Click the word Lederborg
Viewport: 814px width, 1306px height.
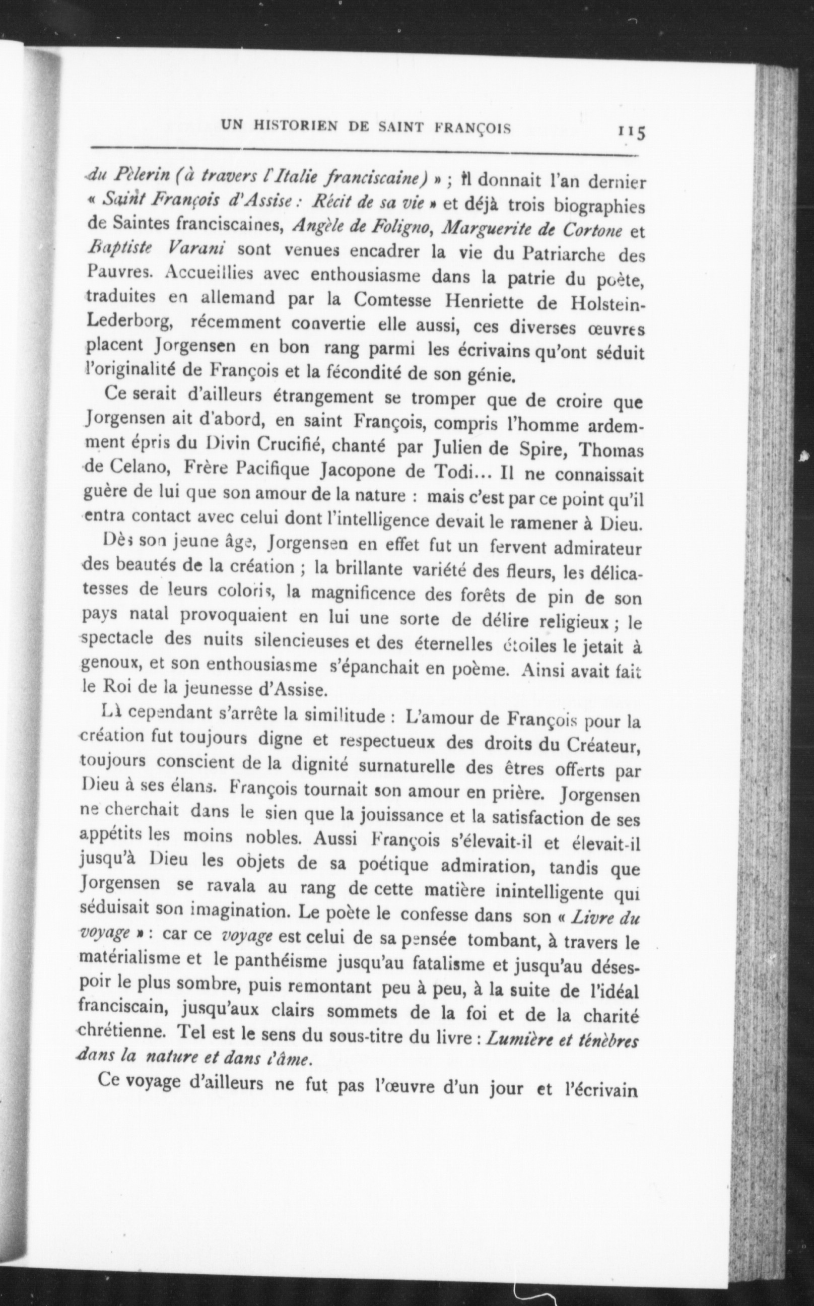pyautogui.click(x=129, y=321)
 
